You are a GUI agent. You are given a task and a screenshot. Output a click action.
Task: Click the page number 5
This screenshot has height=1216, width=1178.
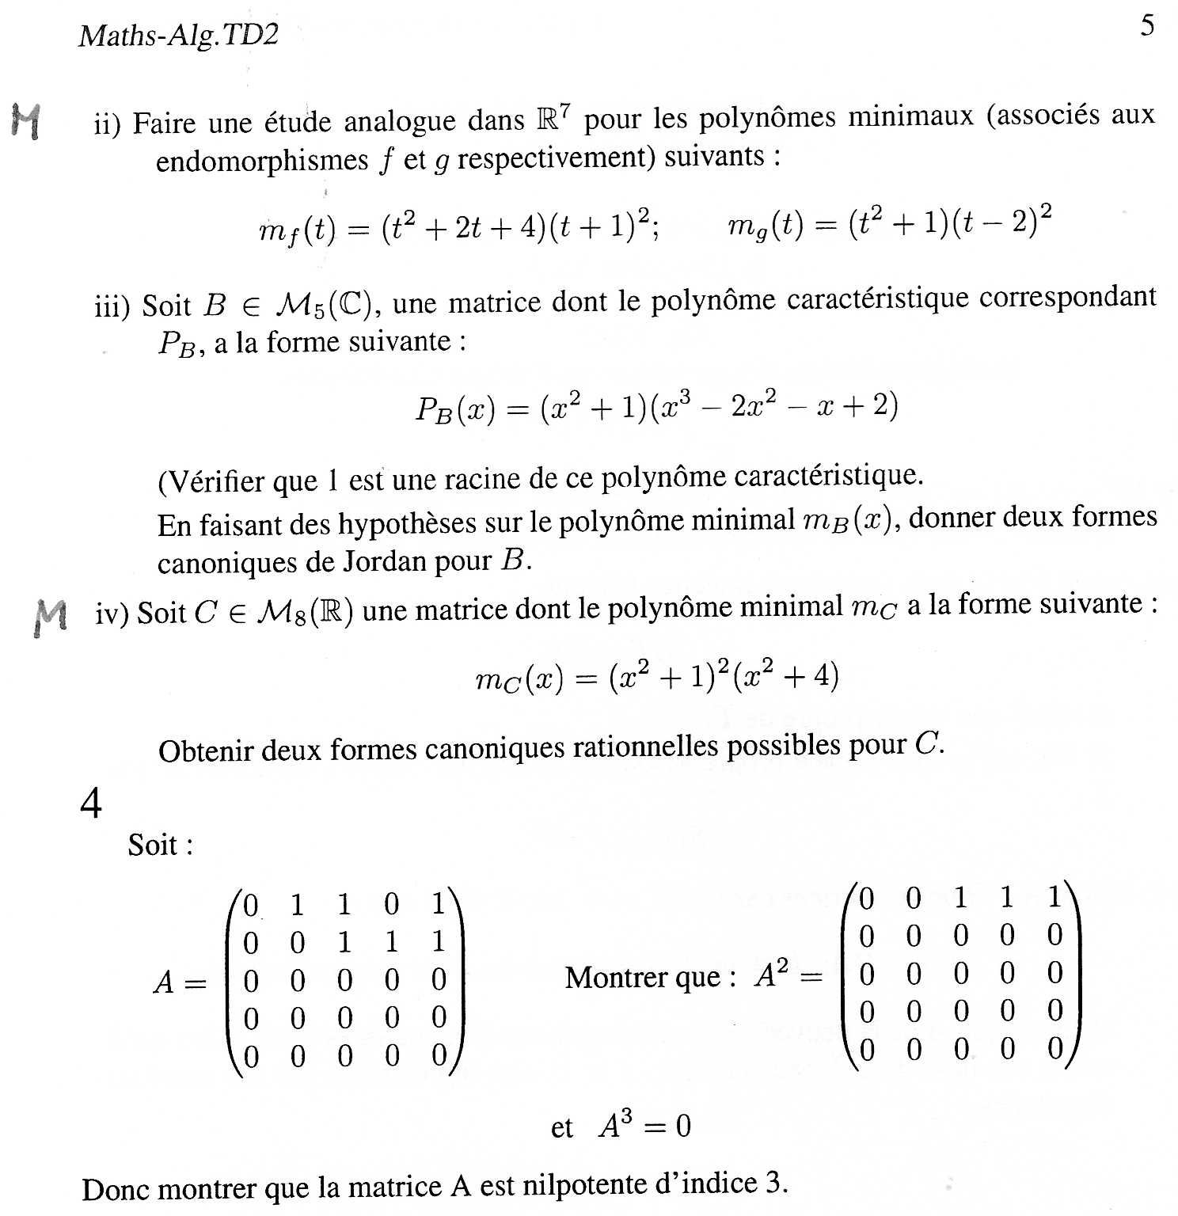(1147, 26)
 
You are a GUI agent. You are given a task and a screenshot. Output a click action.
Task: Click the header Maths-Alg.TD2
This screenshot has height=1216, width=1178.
(179, 36)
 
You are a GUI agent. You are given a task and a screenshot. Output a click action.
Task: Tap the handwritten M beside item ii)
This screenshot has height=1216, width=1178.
(27, 122)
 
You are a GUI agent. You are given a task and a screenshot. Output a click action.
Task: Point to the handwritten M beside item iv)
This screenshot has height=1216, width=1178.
(51, 617)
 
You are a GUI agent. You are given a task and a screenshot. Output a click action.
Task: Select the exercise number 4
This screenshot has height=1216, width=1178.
(91, 804)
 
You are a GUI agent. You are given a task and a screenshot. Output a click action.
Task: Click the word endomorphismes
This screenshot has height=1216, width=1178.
(262, 161)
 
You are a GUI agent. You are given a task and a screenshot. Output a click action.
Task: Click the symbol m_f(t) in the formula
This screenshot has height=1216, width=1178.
(298, 230)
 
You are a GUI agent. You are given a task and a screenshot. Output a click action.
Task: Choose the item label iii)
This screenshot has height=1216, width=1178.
(112, 306)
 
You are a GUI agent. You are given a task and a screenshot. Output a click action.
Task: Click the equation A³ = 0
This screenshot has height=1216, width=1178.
(644, 1125)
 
